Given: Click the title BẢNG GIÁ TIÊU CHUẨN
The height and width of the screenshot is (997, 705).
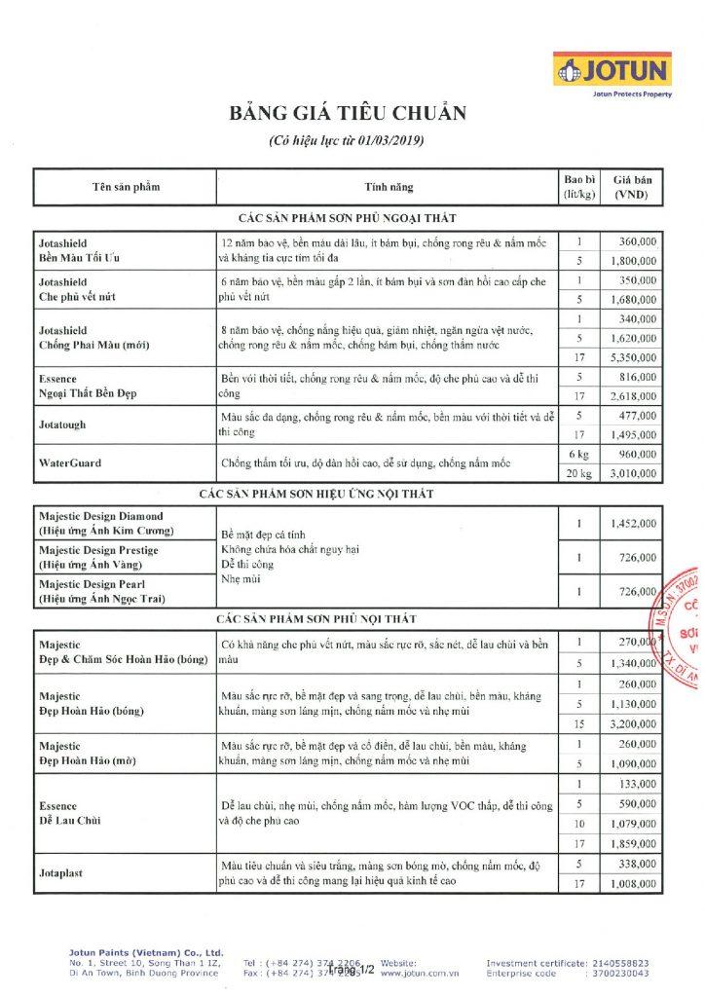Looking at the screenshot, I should pos(348,114).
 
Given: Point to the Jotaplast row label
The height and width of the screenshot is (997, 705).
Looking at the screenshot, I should pos(61,872).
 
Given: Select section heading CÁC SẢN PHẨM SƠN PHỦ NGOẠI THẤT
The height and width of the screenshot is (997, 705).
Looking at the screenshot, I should pos(348,217).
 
